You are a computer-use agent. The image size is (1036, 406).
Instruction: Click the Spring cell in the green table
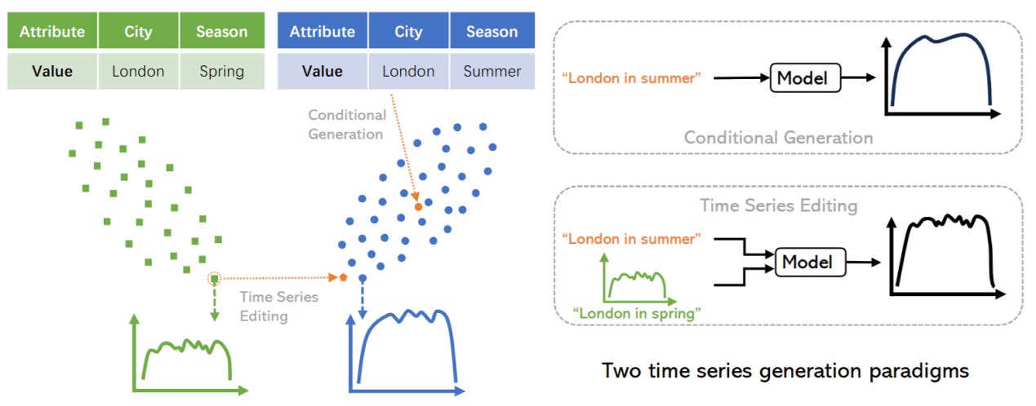[222, 71]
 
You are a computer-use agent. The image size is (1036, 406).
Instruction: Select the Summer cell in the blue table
[492, 71]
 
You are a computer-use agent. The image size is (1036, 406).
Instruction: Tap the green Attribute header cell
[52, 31]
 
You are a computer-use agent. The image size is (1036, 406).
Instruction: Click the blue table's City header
[408, 31]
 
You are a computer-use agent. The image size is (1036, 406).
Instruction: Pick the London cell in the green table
[138, 71]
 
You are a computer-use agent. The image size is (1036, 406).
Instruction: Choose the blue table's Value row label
[322, 71]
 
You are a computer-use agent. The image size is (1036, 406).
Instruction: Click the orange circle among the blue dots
[418, 207]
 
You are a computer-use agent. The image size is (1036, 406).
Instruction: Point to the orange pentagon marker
[343, 277]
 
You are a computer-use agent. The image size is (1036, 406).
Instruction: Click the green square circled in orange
[214, 279]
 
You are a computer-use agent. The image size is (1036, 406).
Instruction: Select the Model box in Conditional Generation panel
[805, 77]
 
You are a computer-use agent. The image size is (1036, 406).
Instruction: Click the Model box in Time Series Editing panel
[811, 262]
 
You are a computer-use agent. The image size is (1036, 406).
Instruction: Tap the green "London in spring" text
[637, 313]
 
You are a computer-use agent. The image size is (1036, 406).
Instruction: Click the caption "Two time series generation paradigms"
[785, 371]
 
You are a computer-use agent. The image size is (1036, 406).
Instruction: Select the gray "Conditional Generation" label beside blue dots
[347, 124]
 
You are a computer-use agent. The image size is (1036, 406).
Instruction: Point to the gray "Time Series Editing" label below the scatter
[279, 306]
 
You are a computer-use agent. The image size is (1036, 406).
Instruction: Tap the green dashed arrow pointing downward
[214, 303]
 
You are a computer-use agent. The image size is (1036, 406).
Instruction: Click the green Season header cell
[222, 31]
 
